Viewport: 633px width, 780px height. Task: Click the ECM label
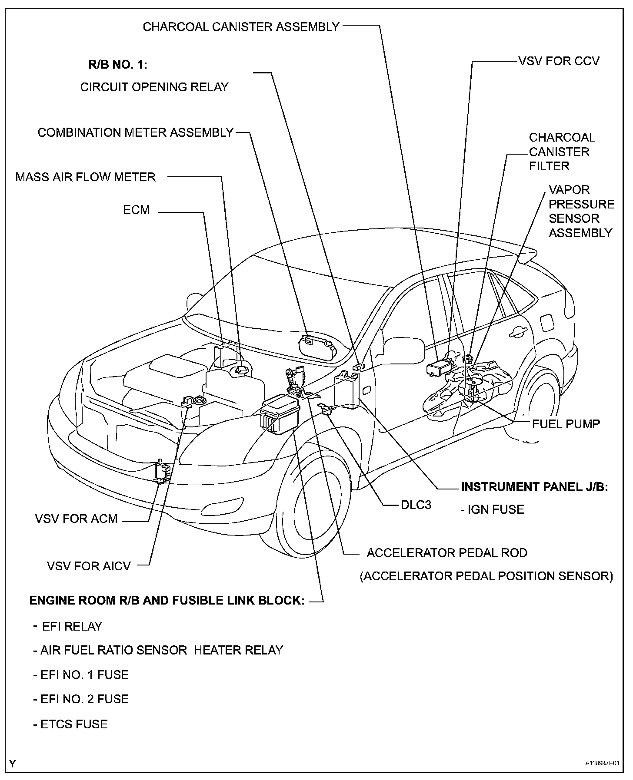[136, 210]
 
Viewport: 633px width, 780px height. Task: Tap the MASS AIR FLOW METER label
[86, 177]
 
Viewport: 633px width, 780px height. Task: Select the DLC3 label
[416, 505]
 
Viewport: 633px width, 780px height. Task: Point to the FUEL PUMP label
[566, 424]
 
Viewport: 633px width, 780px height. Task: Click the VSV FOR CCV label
[559, 61]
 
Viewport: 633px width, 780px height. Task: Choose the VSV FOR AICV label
[89, 566]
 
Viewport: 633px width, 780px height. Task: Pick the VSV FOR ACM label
[77, 519]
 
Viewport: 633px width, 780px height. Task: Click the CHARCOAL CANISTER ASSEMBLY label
[241, 27]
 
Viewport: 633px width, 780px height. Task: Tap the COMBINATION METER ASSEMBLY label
[136, 132]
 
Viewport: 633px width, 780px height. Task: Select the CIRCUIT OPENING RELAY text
[154, 87]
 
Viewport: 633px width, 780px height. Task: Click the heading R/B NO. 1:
[118, 65]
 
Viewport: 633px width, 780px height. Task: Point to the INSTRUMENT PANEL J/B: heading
[534, 487]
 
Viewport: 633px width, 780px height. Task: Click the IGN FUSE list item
[493, 509]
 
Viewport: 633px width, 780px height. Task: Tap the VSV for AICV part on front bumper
[162, 472]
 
